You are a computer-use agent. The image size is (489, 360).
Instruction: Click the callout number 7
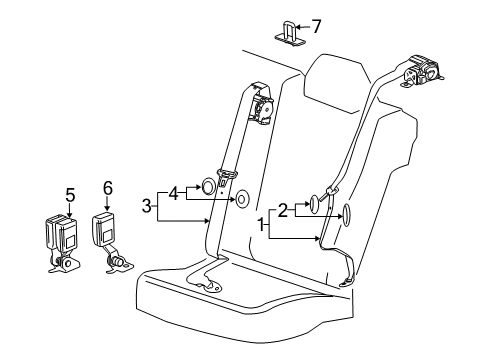317,26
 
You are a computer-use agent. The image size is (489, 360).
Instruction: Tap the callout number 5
70,195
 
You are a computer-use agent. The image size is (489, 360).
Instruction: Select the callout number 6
108,186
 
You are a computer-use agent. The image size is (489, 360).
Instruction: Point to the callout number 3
147,206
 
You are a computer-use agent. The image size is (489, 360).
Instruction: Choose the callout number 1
263,224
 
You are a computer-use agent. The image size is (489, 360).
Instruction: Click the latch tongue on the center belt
231,174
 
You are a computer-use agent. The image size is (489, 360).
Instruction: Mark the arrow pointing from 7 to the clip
303,27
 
